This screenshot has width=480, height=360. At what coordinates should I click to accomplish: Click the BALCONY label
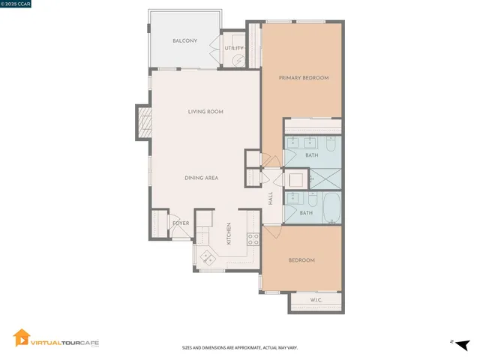click(184, 40)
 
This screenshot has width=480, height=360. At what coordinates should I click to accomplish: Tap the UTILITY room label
click(234, 49)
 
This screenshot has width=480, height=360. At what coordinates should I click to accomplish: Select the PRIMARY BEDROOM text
click(304, 78)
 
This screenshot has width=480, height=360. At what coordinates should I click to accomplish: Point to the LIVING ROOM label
click(205, 112)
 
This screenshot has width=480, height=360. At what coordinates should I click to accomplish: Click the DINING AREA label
click(202, 178)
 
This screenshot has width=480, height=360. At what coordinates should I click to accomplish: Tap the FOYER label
click(181, 223)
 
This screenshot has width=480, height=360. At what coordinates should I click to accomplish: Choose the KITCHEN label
click(229, 234)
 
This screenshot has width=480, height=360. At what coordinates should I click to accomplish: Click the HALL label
click(271, 199)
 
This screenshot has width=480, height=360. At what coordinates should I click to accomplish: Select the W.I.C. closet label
click(316, 301)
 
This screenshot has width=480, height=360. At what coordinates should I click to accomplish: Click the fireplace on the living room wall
click(142, 121)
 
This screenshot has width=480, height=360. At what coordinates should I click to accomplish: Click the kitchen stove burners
click(253, 240)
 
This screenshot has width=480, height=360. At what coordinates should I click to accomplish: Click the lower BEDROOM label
click(301, 260)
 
